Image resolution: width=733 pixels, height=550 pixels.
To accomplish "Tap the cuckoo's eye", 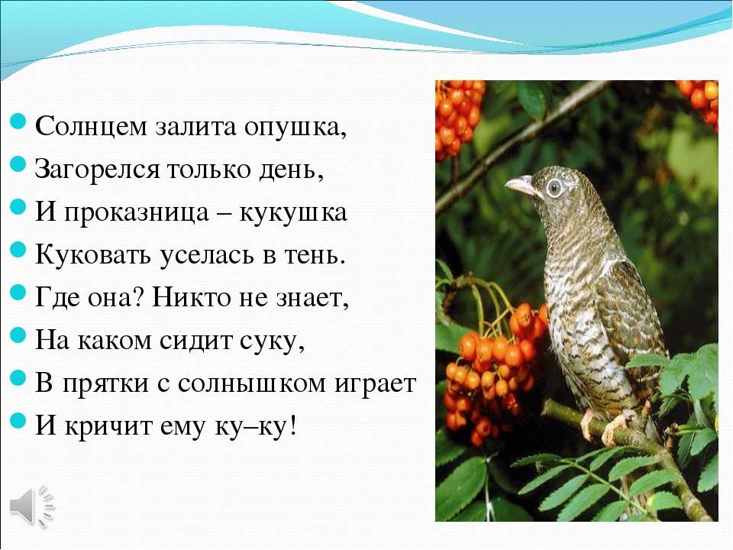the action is coord(554,188).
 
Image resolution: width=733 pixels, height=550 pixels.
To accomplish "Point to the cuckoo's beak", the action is coord(520,185).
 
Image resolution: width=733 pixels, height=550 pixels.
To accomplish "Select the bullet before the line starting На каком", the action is coord(18,335).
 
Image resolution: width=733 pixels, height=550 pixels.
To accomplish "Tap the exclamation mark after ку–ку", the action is coord(292,426).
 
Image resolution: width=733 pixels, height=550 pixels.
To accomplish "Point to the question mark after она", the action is coord(140,297).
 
